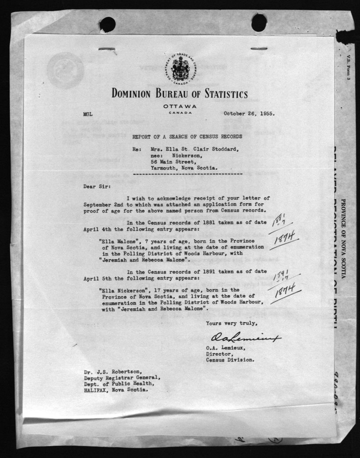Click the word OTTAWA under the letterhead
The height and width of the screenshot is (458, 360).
coord(180,107)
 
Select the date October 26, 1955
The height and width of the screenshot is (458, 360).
coord(249,113)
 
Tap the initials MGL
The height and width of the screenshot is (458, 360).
coord(88,114)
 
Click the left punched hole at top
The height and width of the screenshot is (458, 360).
coord(107,25)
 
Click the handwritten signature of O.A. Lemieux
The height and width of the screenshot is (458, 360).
coord(245,338)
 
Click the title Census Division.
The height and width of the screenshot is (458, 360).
coord(230,359)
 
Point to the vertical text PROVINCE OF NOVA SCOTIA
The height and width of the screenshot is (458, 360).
coord(343,241)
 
